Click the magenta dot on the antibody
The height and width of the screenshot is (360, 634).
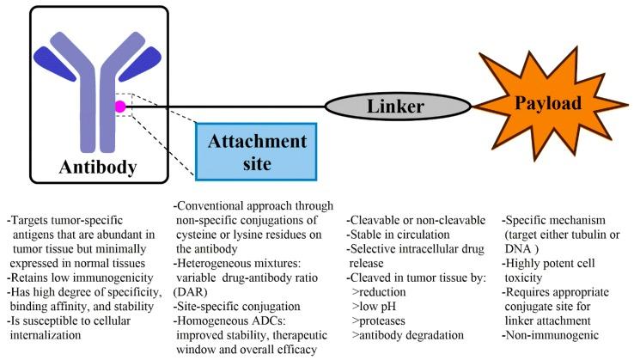pyautogui.click(x=120, y=107)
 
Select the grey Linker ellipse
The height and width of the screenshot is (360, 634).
pyautogui.click(x=398, y=107)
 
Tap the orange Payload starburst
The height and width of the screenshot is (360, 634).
pyautogui.click(x=549, y=104)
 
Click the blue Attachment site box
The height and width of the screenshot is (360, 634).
pyautogui.click(x=256, y=152)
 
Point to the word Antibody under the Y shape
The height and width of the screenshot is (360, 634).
pyautogui.click(x=98, y=167)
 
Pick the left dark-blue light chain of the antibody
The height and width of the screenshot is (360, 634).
pyautogui.click(x=55, y=64)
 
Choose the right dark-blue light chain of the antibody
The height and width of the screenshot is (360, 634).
pyautogui.click(x=140, y=64)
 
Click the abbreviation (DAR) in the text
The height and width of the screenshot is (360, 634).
pyautogui.click(x=190, y=292)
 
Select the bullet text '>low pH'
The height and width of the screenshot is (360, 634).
pyautogui.click(x=374, y=307)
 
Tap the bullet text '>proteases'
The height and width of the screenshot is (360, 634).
pyautogui.click(x=379, y=321)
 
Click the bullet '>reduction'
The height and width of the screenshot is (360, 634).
pyautogui.click(x=379, y=292)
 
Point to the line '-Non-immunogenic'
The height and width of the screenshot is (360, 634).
pyautogui.click(x=551, y=335)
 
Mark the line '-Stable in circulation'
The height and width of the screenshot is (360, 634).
pyautogui.click(x=398, y=235)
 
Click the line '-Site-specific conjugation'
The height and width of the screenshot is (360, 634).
pyautogui.click(x=237, y=307)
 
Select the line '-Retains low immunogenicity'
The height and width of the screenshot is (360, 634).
pyautogui.click(x=80, y=278)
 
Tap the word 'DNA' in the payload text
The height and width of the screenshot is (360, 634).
pyautogui.click(x=517, y=249)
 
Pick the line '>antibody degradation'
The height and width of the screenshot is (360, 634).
pyautogui.click(x=407, y=335)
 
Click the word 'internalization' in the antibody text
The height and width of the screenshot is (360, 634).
pyautogui.click(x=46, y=335)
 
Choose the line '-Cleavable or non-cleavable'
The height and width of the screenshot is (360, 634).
pyautogui.click(x=416, y=221)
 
